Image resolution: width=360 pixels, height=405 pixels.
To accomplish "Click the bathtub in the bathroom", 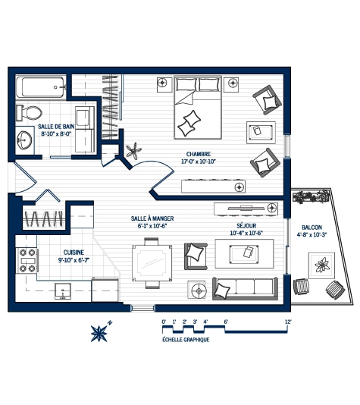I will tap(42, 88).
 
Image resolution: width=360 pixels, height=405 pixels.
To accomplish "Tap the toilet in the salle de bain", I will tap(30, 113).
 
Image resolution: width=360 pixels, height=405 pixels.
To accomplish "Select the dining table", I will tap(148, 263).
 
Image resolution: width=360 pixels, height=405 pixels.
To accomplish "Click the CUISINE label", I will tap(73, 253).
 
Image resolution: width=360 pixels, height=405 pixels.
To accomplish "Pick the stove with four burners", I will tap(27, 260).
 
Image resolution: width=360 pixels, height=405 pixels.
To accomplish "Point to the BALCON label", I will tap(312, 227).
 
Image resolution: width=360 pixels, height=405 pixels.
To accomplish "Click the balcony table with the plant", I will tap(322, 264).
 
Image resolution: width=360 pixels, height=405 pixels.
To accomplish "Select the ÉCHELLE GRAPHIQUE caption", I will tap(186, 340).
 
